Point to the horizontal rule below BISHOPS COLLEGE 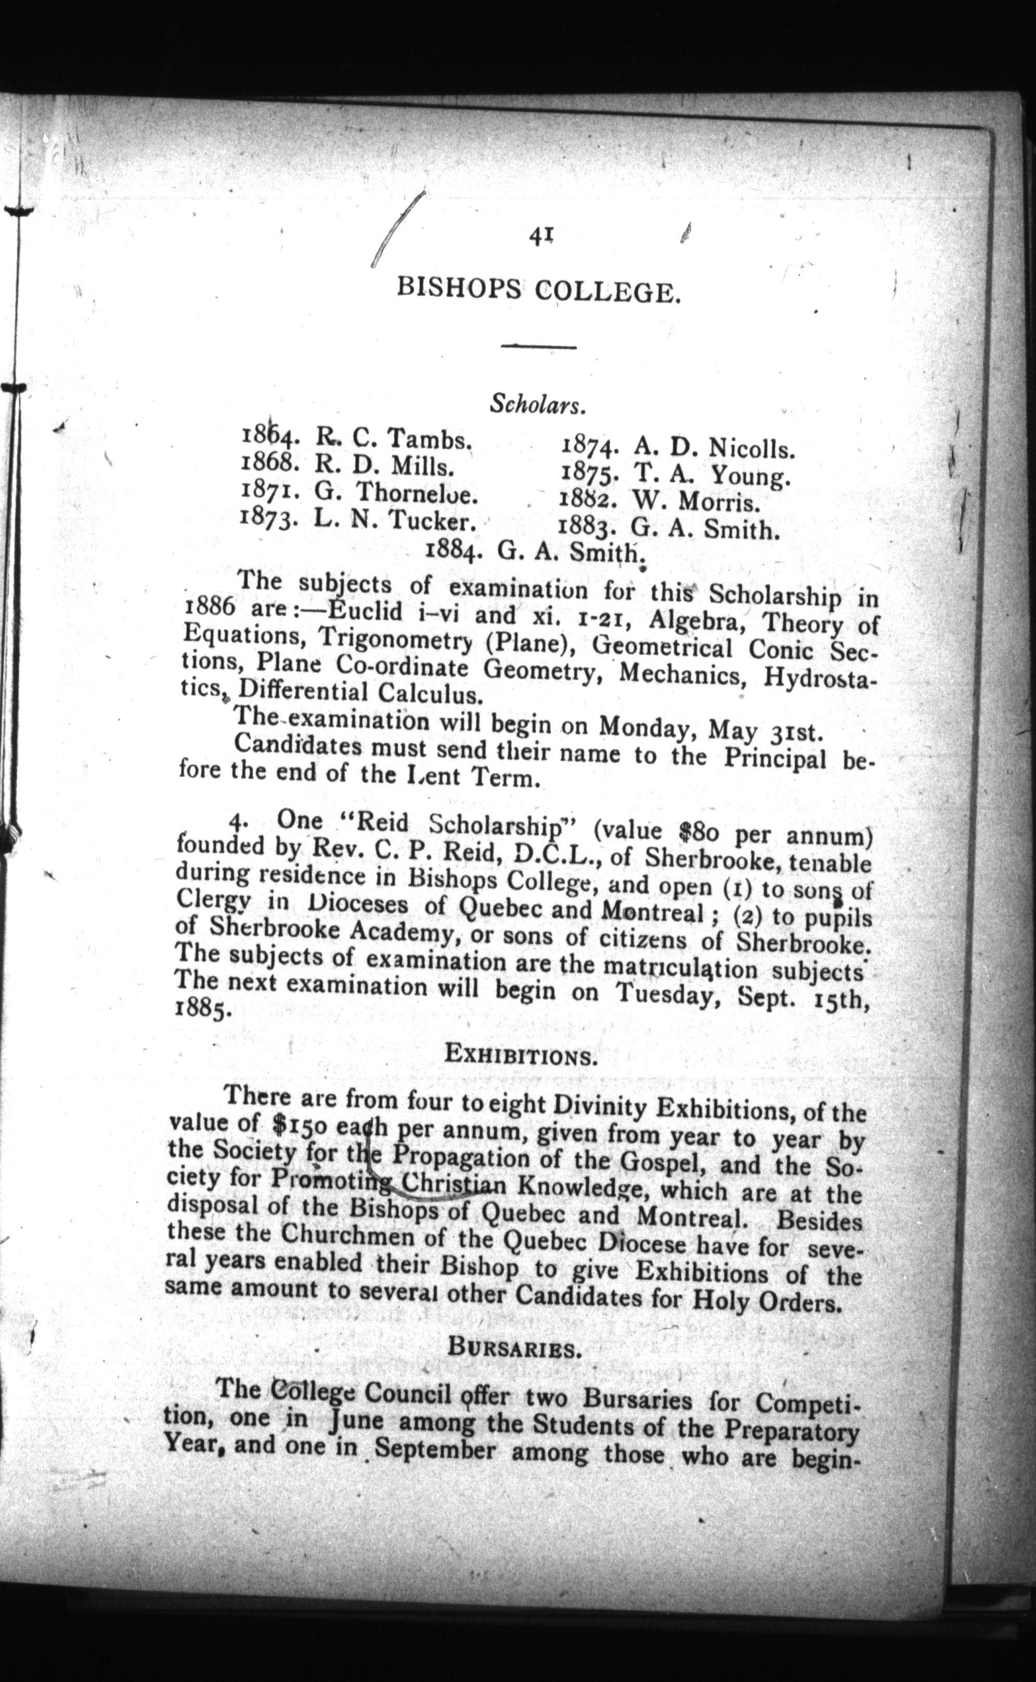[x=538, y=346]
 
